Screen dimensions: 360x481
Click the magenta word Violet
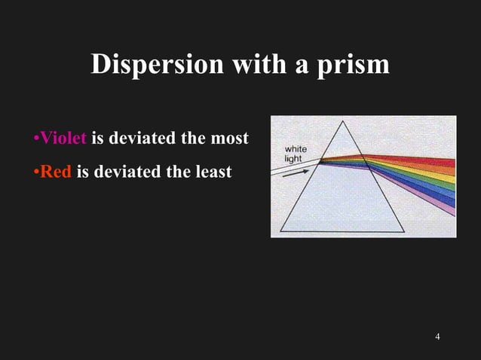63,139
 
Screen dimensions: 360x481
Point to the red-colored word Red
55,172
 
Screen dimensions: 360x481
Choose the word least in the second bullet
210,172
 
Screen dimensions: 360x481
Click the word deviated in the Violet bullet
146,139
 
